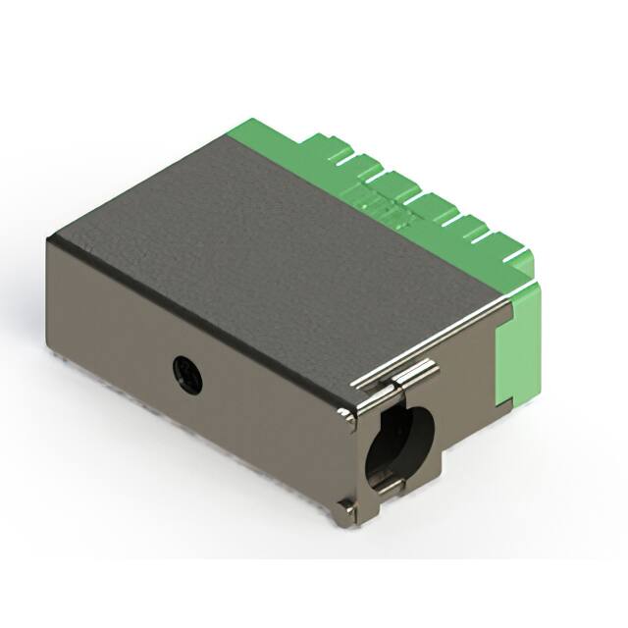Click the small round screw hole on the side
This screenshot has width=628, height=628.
187,373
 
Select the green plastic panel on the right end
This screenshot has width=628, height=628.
519,343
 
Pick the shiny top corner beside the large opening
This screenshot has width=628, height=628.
348,416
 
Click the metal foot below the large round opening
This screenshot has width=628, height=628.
345,513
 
